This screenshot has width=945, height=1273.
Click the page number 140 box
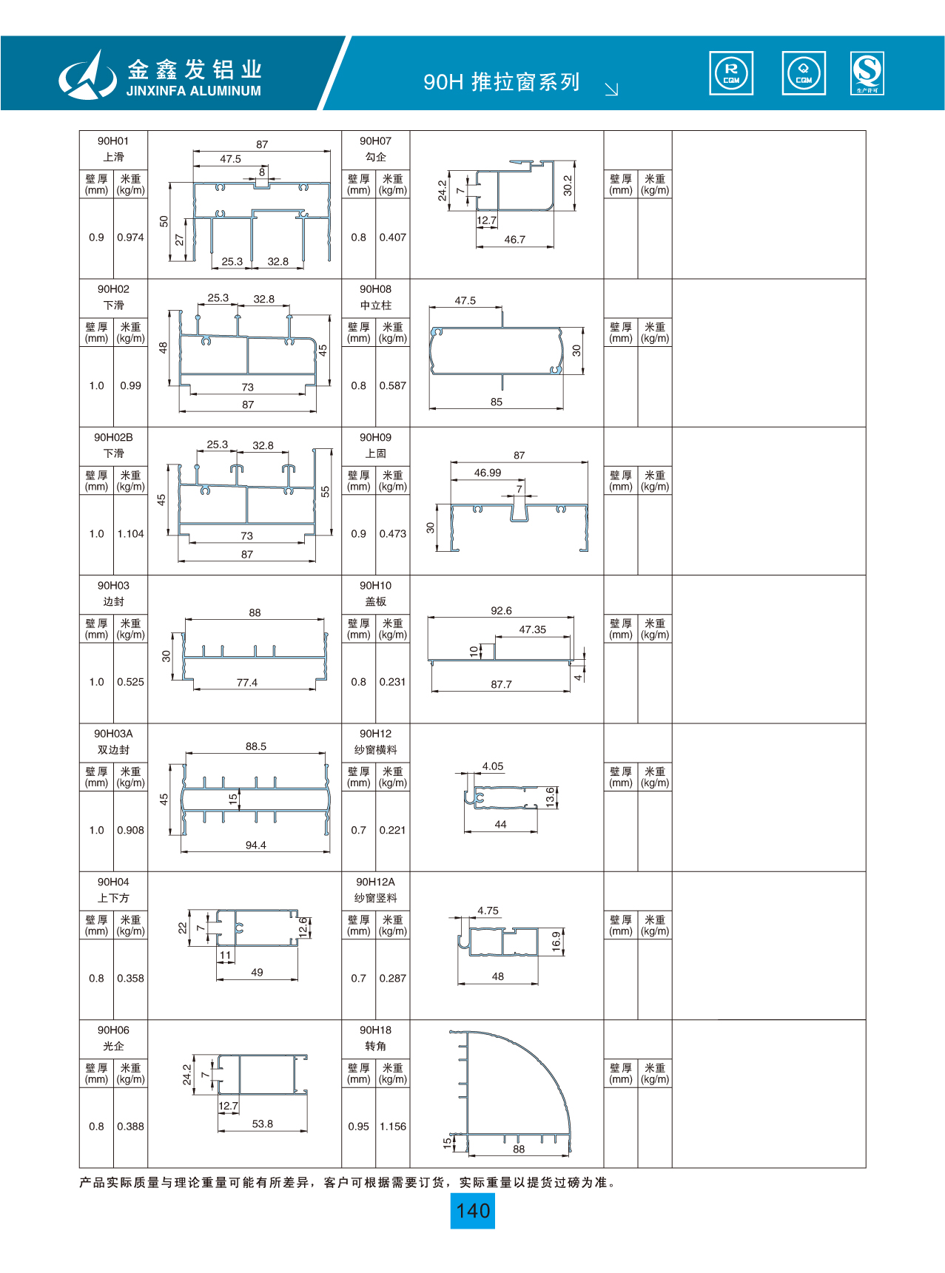pyautogui.click(x=473, y=1211)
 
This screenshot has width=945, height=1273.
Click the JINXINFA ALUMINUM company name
pyautogui.click(x=193, y=91)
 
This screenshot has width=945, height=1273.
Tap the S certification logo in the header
pyautogui.click(x=867, y=73)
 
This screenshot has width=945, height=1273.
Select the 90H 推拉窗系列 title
pyautogui.click(x=501, y=81)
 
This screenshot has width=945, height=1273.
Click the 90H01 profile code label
pyautogui.click(x=113, y=141)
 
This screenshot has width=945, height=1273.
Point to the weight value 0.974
pyautogui.click(x=130, y=237)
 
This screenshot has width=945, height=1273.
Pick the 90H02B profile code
pyautogui.click(x=113, y=437)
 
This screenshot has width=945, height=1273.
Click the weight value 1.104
pyautogui.click(x=130, y=533)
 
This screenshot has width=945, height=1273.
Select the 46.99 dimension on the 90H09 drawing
pyautogui.click(x=487, y=473)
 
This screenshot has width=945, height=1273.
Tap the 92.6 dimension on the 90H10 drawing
pyautogui.click(x=501, y=610)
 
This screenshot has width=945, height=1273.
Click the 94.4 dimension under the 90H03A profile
pyautogui.click(x=255, y=845)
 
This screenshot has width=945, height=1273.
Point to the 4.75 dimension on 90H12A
pyautogui.click(x=488, y=911)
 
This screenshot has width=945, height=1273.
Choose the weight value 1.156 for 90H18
pyautogui.click(x=393, y=1127)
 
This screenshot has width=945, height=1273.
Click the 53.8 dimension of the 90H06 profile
pyautogui.click(x=262, y=1124)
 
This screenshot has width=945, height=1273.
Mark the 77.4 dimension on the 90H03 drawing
pyautogui.click(x=247, y=683)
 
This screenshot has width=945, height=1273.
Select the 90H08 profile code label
pyautogui.click(x=375, y=289)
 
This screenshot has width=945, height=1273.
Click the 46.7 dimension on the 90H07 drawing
pyautogui.click(x=514, y=240)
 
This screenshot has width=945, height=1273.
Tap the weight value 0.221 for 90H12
pyautogui.click(x=392, y=830)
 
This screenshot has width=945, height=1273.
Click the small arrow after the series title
pyautogui.click(x=611, y=90)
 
